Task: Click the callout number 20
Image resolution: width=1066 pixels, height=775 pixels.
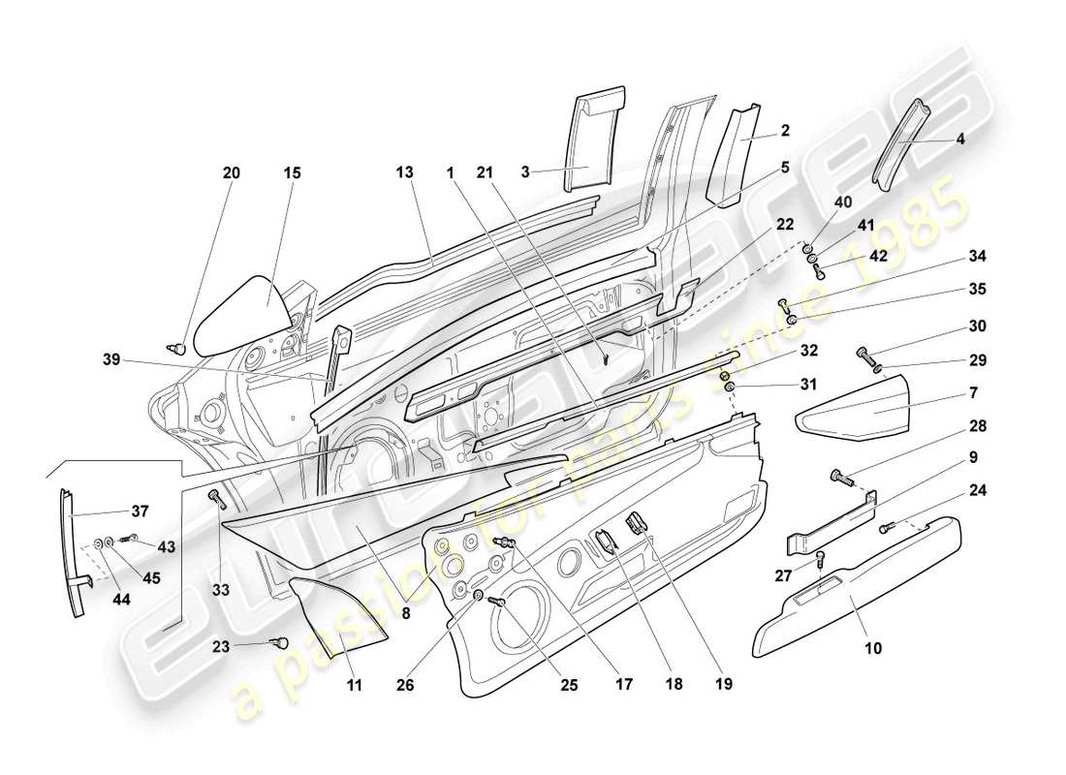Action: (232, 173)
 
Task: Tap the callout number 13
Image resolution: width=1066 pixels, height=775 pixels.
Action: (404, 172)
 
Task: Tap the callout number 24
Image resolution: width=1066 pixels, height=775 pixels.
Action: (977, 490)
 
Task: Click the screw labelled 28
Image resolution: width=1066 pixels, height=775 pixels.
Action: (840, 477)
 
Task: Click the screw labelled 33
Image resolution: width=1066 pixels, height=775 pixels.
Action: (215, 498)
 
